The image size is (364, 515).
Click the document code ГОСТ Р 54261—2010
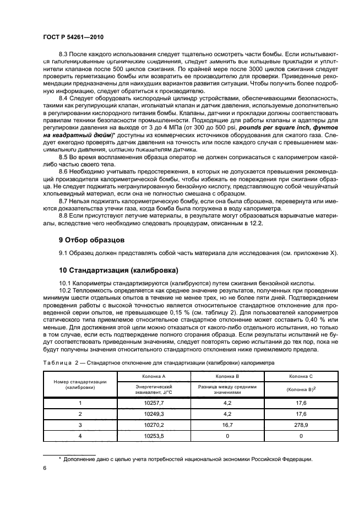74,37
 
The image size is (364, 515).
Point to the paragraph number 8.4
64,97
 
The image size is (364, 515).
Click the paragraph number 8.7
64,202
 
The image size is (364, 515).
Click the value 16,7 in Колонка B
227,425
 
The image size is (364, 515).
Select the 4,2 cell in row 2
227,414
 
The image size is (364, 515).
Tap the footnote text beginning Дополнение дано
187,459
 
